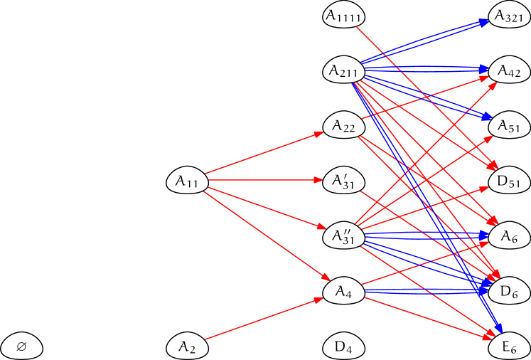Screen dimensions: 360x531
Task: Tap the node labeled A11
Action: tap(188, 181)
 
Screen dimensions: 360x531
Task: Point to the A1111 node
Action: tap(344, 16)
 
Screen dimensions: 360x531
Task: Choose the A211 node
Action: tap(344, 71)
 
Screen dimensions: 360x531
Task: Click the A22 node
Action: tap(344, 126)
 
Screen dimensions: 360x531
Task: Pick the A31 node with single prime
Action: tap(344, 181)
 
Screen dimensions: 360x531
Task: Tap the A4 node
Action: tap(344, 291)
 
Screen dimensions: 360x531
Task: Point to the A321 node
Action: tap(510, 16)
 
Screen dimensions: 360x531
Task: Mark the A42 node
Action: tap(510, 71)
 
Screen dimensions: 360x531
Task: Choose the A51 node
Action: tap(510, 126)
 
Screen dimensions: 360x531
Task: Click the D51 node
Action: tap(510, 181)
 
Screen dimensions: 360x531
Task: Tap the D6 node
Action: tap(510, 291)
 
